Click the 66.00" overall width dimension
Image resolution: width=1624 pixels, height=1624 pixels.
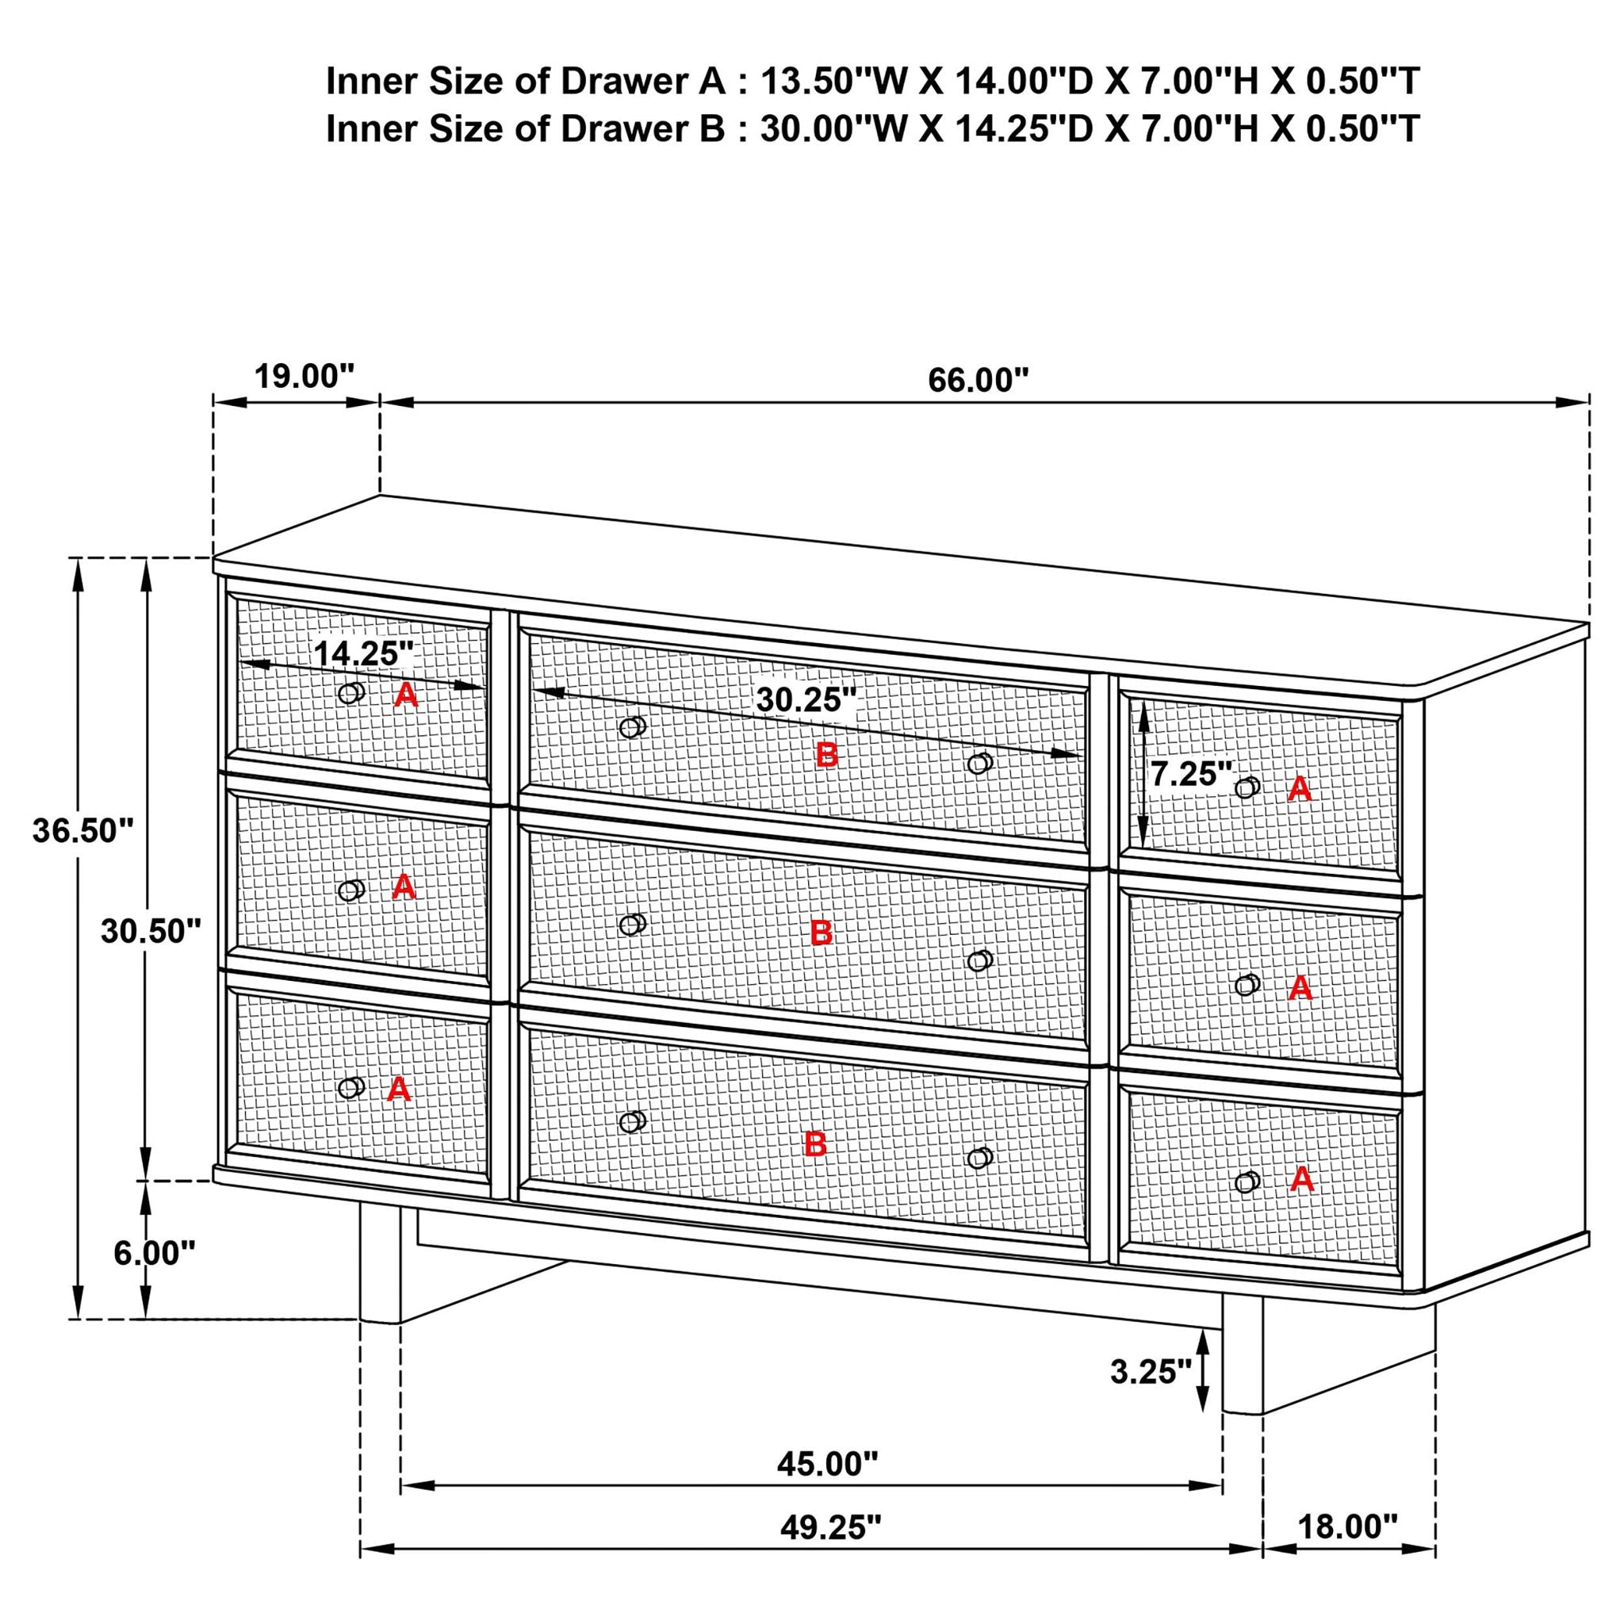point(978,380)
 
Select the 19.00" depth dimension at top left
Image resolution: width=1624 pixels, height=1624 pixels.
point(304,377)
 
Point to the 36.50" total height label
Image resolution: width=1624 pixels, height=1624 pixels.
point(83,830)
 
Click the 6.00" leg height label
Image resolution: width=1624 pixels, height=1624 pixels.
point(155,1254)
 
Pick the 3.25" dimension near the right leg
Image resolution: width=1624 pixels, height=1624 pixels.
point(1151,1372)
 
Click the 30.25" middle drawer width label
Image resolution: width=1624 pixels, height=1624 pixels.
point(806,699)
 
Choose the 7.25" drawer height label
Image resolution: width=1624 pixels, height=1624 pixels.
point(1190,773)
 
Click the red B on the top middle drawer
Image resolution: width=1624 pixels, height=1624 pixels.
point(827,755)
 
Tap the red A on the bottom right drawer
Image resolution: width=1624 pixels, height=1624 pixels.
point(1301,1179)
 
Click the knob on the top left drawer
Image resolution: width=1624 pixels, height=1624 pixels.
point(351,692)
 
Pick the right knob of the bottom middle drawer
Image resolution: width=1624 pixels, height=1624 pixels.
point(979,1158)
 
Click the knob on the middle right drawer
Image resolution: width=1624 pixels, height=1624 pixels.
point(1247,984)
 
